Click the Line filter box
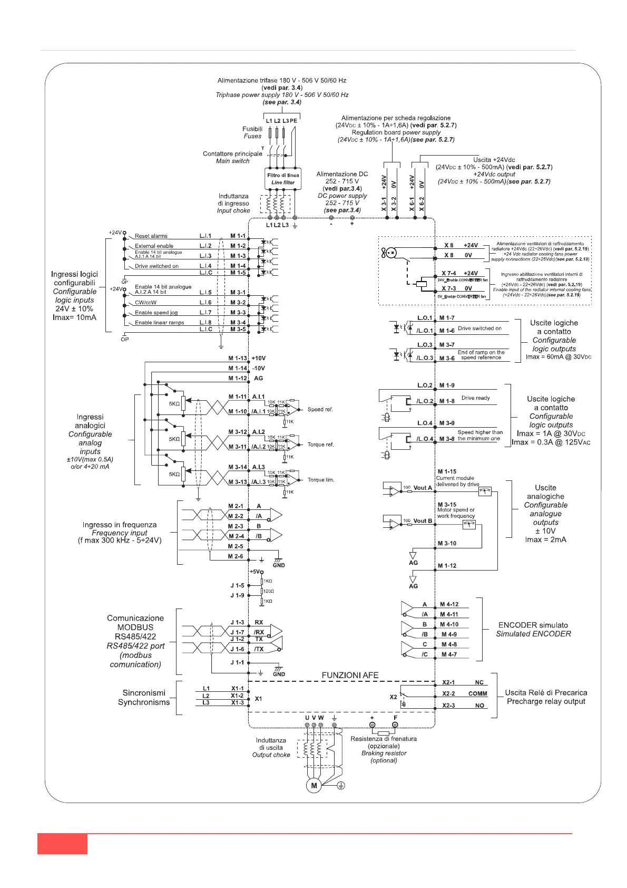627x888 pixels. (283, 179)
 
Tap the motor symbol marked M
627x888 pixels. (314, 785)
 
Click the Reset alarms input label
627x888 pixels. (151, 236)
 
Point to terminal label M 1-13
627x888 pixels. (238, 358)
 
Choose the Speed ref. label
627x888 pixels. (320, 409)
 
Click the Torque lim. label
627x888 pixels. (321, 480)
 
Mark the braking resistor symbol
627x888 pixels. (384, 733)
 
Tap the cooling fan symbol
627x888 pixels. (389, 253)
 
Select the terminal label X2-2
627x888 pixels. (448, 693)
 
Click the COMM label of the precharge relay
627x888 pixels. (477, 693)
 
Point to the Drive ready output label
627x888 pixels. (475, 398)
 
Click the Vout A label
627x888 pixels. (423, 488)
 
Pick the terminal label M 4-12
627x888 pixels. (449, 604)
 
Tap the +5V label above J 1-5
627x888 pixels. (256, 572)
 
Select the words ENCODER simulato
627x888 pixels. (533, 625)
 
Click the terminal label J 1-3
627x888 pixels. (237, 622)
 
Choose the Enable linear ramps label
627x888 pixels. (159, 322)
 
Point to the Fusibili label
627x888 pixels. (252, 129)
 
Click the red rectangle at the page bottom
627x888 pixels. (62, 843)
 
